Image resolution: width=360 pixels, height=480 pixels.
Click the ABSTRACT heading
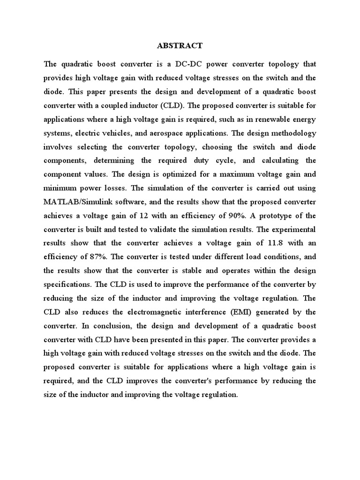pos(180,45)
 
